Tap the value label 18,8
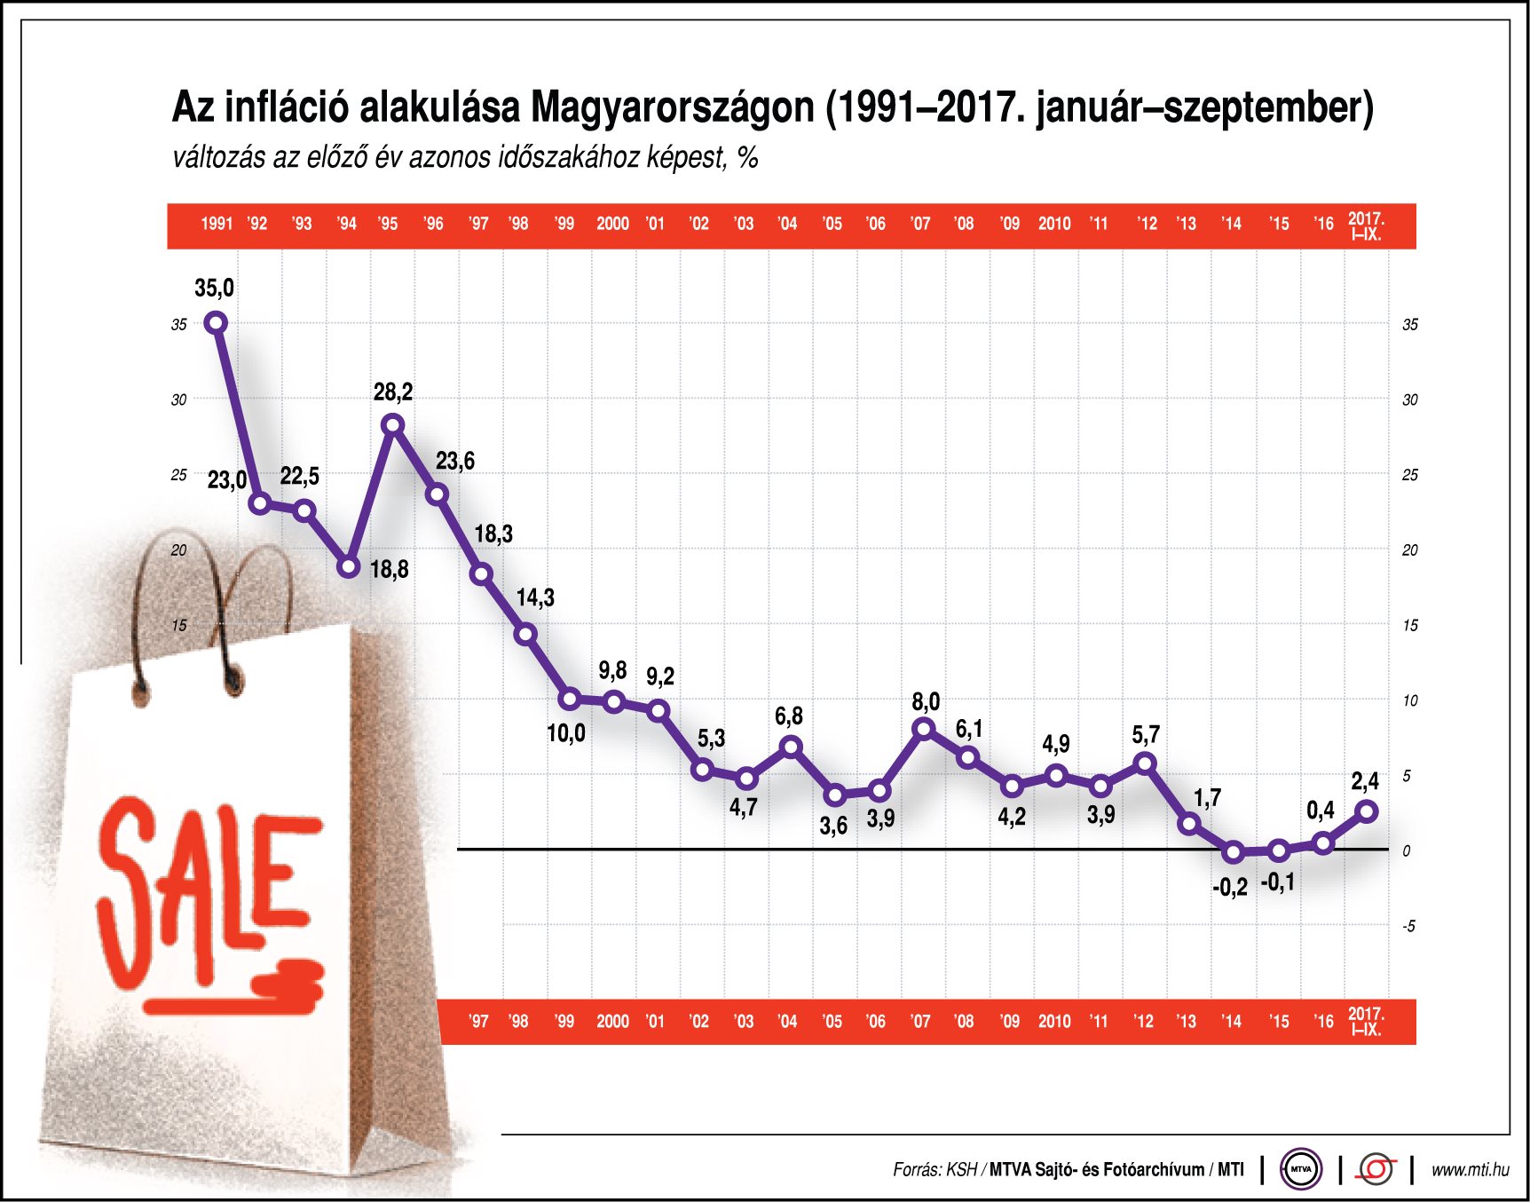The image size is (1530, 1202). pos(389,569)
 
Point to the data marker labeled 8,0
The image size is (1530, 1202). pos(924,729)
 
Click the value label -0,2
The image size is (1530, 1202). pos(1230,887)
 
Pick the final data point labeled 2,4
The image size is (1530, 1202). pos(1368,811)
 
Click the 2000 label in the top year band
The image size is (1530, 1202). pos(612,224)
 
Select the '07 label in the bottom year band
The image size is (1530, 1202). pos(920,1022)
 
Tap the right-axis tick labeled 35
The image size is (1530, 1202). pos(1409,325)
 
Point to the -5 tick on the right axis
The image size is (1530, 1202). pos(1408,927)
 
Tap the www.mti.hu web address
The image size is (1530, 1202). pos(1470,1170)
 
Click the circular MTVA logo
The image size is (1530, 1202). pos(1301,1169)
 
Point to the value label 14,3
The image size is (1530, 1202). pos(535,597)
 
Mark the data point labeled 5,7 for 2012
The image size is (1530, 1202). pos(1146,763)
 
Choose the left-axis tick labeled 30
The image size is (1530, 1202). pos(179,400)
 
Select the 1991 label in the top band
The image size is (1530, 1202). pos(217,224)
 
